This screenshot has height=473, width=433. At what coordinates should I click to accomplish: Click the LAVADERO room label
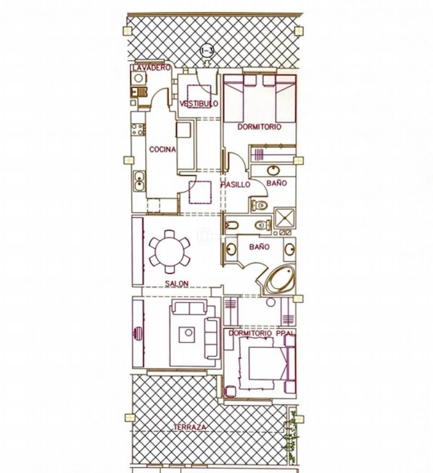point(151,68)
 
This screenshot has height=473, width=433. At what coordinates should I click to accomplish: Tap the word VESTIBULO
point(198,104)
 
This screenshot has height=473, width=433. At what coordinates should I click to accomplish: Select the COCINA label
point(162,149)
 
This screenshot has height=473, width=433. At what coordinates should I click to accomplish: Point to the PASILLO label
point(235,184)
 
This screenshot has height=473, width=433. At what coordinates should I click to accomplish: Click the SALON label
point(177,284)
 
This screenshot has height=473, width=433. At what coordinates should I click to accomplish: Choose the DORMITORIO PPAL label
point(262,333)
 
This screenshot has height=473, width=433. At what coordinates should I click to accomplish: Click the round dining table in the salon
point(170,251)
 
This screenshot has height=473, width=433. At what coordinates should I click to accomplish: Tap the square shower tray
point(285,218)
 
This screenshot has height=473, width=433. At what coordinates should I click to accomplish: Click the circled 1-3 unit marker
point(206,51)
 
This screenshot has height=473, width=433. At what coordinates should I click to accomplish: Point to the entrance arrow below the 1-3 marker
point(207,64)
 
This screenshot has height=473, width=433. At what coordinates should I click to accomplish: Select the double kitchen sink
point(139,181)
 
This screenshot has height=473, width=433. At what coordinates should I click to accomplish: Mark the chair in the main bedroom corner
point(230,391)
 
